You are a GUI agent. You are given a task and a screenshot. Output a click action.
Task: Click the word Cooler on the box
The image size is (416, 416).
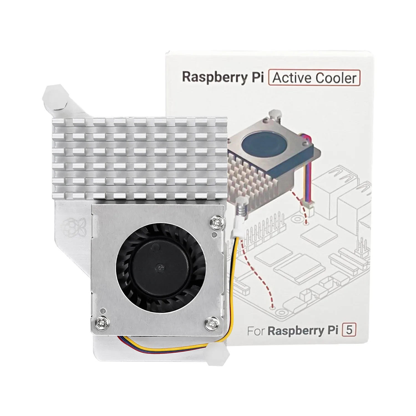(336, 78)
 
